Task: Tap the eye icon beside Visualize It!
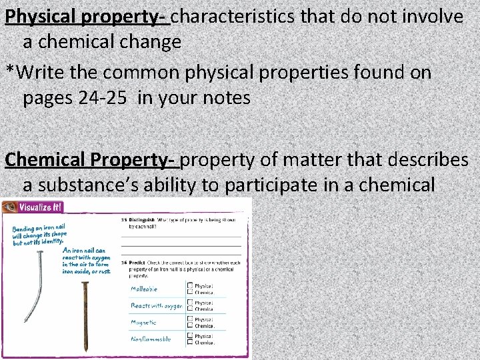tap(9, 207)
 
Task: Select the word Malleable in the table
tap(144, 289)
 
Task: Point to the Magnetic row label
tap(144, 322)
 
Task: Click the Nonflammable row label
tap(151, 339)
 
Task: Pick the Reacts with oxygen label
tap(156, 305)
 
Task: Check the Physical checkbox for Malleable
tap(190, 285)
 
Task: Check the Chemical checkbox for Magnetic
tap(190, 326)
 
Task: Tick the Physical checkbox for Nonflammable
tap(190, 335)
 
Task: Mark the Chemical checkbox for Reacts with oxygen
tap(190, 309)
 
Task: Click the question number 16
tap(124, 262)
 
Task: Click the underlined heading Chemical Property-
tap(91, 160)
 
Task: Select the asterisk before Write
tap(9, 72)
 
